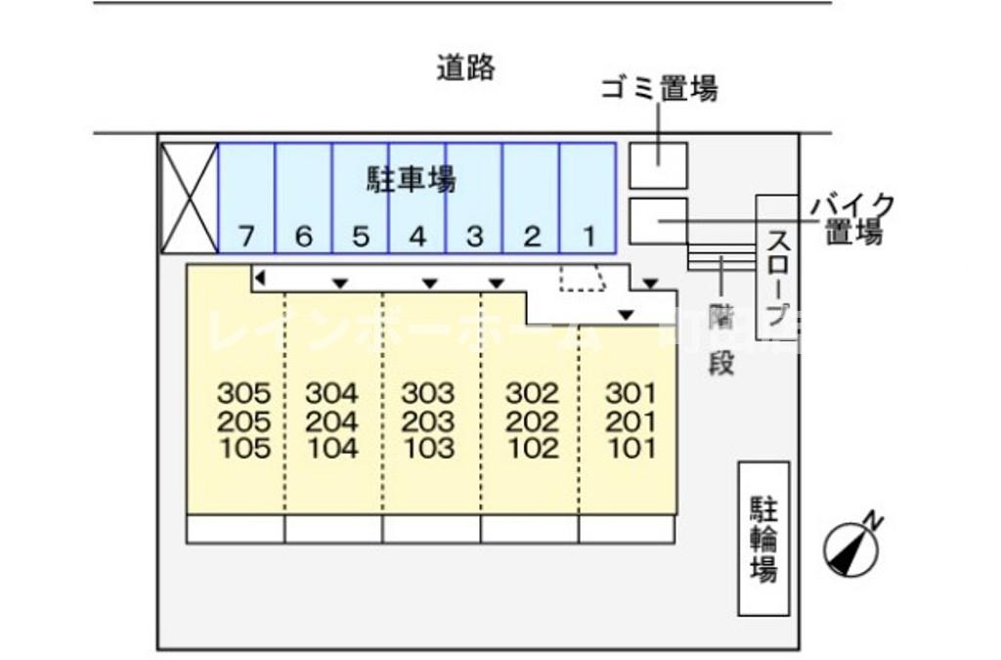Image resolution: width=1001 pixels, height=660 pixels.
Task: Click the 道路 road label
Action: click(466, 68)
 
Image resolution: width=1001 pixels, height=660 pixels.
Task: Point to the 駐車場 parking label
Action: click(412, 179)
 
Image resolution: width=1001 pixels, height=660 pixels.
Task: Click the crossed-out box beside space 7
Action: click(189, 198)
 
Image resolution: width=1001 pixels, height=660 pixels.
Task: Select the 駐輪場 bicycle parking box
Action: click(763, 539)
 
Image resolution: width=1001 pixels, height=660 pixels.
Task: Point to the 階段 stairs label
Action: click(721, 338)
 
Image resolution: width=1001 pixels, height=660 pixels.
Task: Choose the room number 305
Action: click(243, 394)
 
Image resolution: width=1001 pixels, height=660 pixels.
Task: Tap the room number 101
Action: click(631, 449)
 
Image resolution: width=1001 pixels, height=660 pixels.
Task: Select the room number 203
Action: click(428, 421)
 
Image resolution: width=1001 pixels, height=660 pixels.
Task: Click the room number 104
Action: click(331, 449)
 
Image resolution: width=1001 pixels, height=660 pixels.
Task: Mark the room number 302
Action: click(532, 394)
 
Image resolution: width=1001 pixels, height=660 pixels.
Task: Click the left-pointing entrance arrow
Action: click(260, 280)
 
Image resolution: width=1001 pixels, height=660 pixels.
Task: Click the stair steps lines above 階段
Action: click(721, 257)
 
